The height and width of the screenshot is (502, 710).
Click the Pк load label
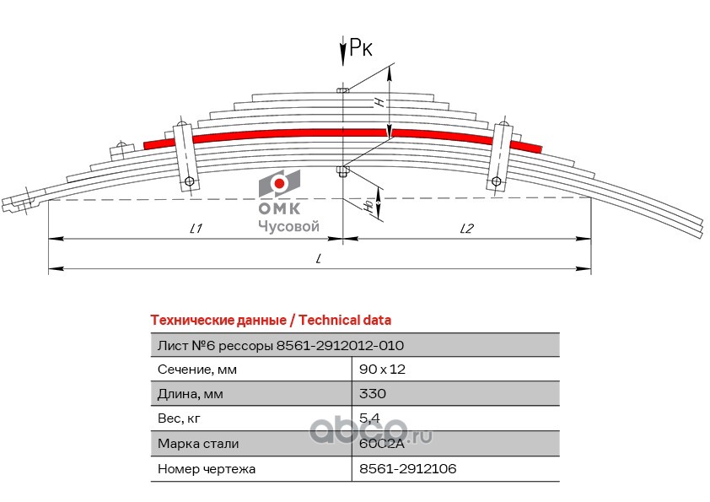361,46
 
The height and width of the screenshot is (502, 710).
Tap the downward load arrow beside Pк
343,51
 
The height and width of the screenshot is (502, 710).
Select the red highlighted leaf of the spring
343,136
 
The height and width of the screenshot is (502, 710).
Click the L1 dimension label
196,229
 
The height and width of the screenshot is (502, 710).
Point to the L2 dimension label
466,229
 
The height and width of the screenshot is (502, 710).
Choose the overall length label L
319,259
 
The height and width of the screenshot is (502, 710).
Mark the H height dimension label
380,102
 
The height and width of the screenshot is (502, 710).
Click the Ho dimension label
368,206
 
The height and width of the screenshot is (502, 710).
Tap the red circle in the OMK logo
279,183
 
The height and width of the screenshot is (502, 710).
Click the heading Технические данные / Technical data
271,321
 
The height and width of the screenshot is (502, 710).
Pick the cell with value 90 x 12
382,370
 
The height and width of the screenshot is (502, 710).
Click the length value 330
372,393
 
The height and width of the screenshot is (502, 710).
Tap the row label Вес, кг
179,418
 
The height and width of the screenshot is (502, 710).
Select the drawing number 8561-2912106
407,468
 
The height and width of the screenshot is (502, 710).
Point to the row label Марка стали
198,444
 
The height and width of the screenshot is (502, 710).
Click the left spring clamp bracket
184,155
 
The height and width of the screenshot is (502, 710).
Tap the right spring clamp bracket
500,155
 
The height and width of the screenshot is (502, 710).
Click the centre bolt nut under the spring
343,171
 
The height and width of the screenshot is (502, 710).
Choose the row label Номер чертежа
207,468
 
